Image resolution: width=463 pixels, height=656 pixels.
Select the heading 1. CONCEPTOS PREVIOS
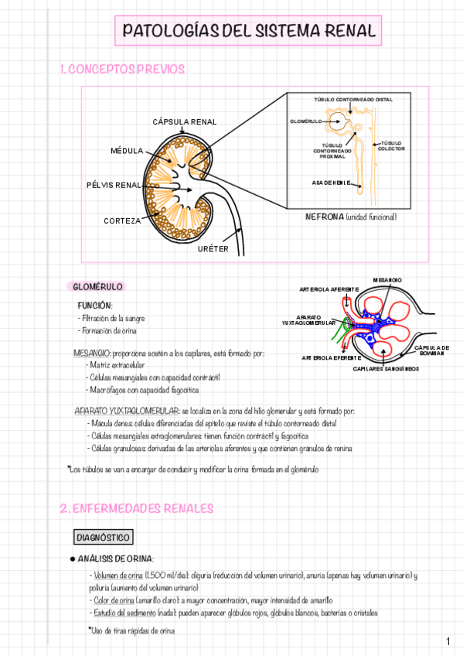123,70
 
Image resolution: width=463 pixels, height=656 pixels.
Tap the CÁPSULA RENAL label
185,122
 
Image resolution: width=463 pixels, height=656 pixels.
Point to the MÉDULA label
128,150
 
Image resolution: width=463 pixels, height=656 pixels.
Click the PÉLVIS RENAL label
114,186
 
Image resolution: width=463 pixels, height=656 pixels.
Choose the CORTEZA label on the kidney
122,220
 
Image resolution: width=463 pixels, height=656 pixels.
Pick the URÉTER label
213,248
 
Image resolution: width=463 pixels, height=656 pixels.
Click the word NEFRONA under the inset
325,217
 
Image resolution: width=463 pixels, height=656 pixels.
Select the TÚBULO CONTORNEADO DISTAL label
347,100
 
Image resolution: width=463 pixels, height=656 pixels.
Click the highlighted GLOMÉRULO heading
97,287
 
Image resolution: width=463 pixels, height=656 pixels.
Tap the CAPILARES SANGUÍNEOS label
386,369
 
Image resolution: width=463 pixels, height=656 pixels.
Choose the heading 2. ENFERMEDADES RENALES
136,508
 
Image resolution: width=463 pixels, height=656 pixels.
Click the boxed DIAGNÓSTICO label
104,537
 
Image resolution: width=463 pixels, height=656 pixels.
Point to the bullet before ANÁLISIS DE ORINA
73,559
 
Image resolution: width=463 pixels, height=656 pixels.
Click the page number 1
448,642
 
